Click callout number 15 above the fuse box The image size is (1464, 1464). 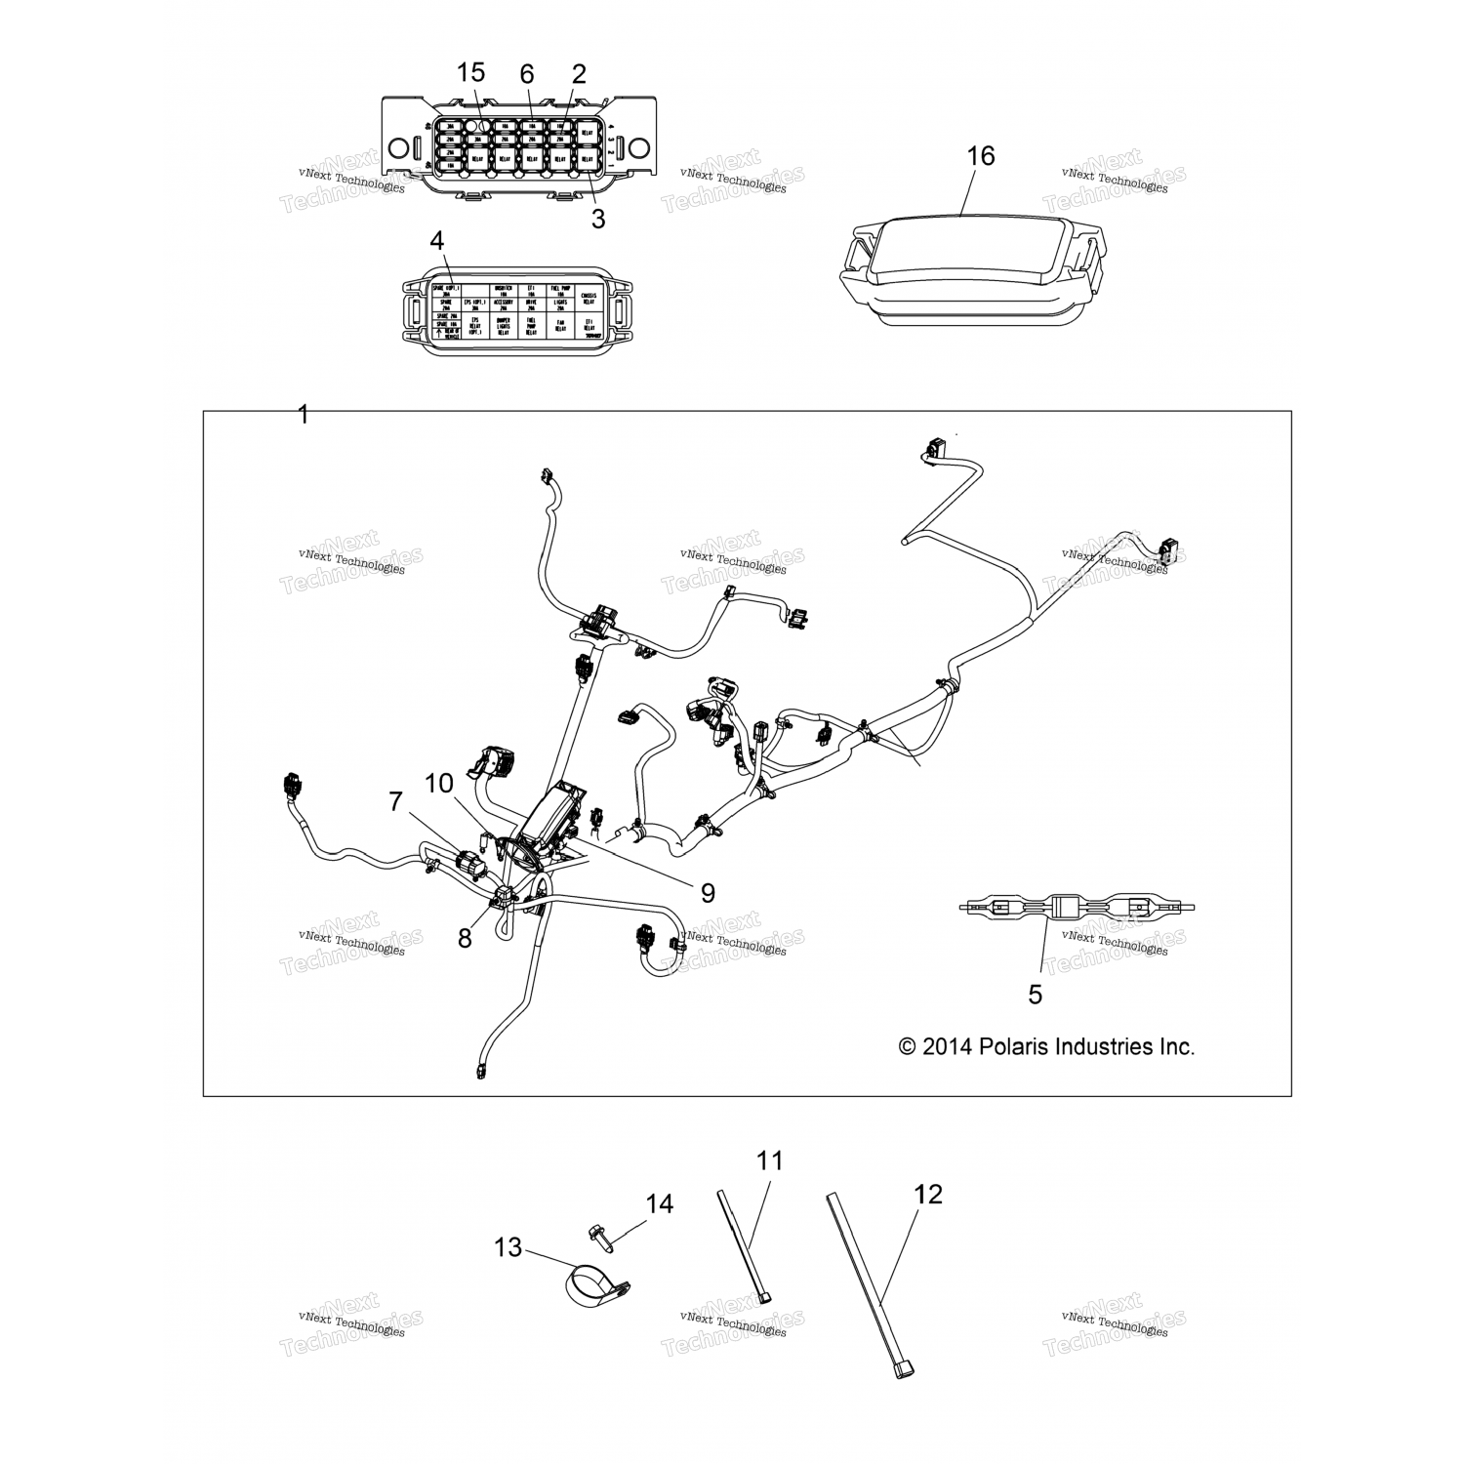click(470, 73)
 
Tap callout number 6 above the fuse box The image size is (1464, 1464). click(527, 74)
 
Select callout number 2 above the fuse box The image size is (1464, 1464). click(579, 74)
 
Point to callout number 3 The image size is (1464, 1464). click(598, 219)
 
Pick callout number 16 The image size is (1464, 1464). click(980, 156)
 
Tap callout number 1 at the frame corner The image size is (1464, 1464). click(303, 415)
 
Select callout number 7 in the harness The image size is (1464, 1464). click(395, 802)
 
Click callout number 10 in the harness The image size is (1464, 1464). click(439, 783)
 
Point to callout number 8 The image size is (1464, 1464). click(465, 938)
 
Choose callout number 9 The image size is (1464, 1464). click(708, 892)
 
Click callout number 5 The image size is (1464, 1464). click(1036, 994)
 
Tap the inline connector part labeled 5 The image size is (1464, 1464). click(1076, 908)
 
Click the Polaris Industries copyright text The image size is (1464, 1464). click(1046, 1047)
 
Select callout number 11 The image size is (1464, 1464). click(770, 1160)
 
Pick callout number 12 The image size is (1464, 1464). click(928, 1194)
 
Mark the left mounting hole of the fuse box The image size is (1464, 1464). click(397, 148)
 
